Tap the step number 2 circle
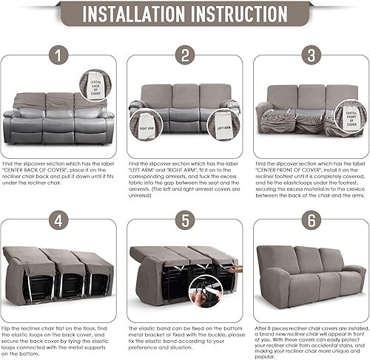point(184,55)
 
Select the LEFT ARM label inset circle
point(144,123)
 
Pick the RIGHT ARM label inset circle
point(223,123)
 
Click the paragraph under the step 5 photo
point(184,336)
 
